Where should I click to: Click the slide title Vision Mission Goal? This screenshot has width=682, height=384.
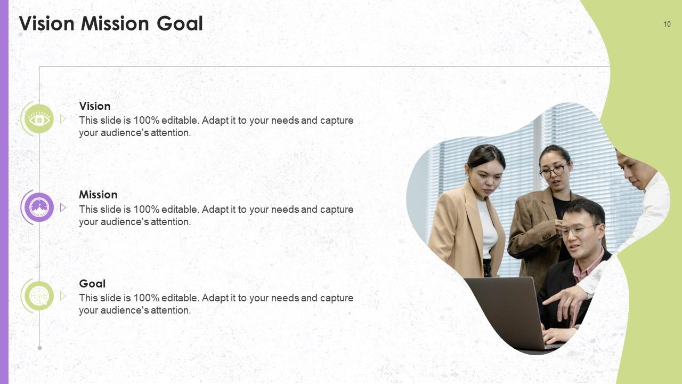click(x=111, y=24)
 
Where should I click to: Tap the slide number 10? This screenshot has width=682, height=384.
click(x=667, y=24)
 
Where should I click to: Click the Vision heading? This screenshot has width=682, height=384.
click(x=95, y=106)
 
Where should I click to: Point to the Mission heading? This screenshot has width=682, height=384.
click(x=98, y=195)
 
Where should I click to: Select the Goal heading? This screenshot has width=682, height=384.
click(x=92, y=284)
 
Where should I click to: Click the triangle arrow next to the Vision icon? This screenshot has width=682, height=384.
click(x=63, y=119)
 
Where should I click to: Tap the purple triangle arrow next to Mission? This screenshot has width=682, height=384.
click(x=63, y=207)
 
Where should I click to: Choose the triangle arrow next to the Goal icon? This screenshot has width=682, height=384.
click(x=63, y=296)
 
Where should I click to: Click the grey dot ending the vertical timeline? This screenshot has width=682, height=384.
click(x=39, y=348)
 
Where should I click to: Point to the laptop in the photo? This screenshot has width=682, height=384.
click(x=506, y=309)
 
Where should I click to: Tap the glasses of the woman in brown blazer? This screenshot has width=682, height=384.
click(x=553, y=171)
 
